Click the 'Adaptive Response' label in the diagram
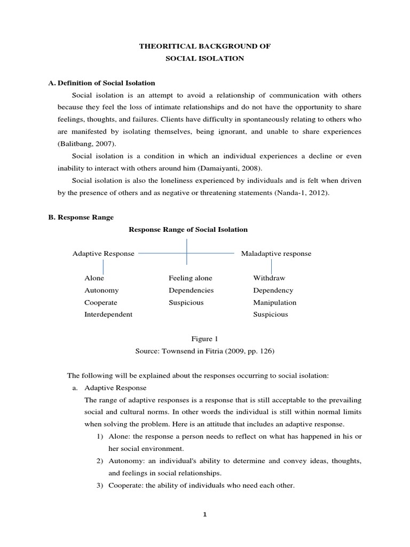(x=104, y=254)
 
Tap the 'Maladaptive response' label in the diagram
(x=276, y=254)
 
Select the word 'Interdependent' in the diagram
(x=108, y=315)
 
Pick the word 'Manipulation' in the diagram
(x=274, y=302)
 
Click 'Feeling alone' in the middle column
(x=190, y=278)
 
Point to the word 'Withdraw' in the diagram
(x=269, y=278)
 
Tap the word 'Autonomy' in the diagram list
(x=101, y=291)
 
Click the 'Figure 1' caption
(x=204, y=339)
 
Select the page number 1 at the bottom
(x=205, y=515)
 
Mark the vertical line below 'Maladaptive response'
(x=272, y=266)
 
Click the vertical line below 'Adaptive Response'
(x=104, y=267)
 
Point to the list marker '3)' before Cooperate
(x=101, y=486)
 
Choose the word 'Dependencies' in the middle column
(x=191, y=291)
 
